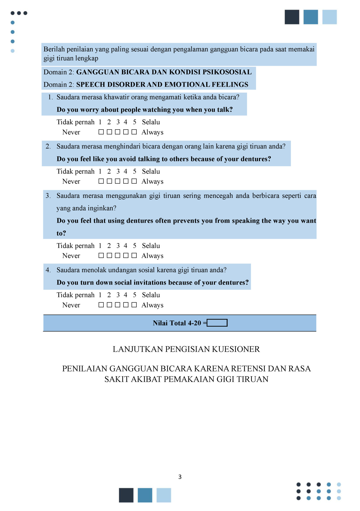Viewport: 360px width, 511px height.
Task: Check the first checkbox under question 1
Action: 101,132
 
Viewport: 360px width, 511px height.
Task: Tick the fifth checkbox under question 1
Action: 134,132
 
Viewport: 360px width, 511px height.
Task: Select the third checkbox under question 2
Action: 117,181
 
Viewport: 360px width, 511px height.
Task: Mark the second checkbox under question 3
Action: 109,255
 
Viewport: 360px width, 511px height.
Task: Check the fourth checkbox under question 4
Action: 126,305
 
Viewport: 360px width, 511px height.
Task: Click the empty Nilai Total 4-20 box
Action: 217,323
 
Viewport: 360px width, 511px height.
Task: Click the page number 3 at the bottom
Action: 180,477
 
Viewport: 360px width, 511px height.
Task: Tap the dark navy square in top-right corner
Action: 292,17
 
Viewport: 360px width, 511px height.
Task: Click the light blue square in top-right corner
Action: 329,17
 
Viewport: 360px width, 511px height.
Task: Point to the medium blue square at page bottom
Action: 145,495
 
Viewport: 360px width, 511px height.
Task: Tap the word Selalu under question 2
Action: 151,171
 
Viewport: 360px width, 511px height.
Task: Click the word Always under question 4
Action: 152,305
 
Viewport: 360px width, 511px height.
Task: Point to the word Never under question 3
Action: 71,256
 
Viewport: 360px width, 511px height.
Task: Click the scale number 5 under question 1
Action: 135,122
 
